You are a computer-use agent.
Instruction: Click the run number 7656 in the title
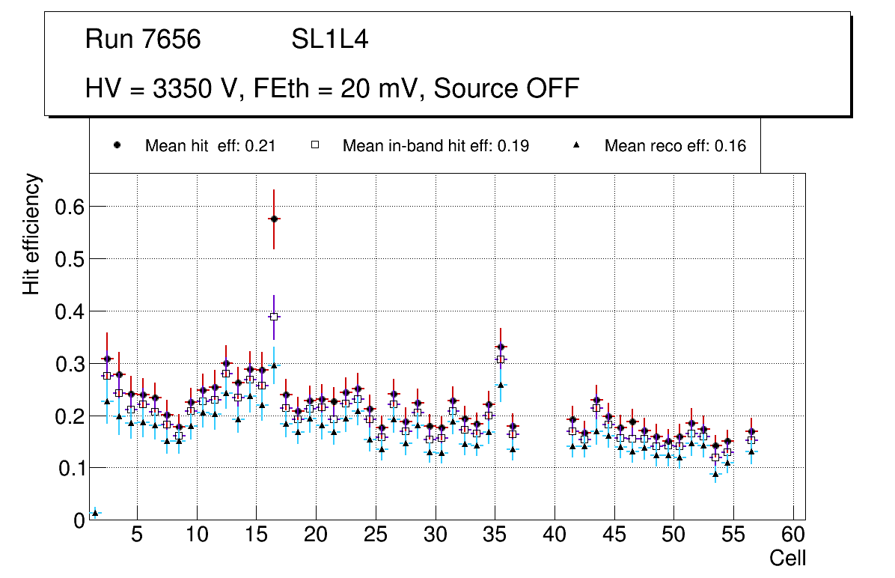click(172, 40)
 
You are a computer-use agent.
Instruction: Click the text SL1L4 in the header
click(329, 40)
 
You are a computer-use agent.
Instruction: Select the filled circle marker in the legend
click(117, 146)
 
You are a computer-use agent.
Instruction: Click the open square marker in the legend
click(315, 146)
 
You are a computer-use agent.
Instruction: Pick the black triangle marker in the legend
click(577, 146)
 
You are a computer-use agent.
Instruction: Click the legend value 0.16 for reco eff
click(730, 146)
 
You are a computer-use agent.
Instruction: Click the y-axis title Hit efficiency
click(31, 234)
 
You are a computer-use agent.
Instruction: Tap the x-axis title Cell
click(787, 559)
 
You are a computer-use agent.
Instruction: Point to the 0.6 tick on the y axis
click(70, 207)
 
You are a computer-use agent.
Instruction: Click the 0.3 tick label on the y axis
click(70, 364)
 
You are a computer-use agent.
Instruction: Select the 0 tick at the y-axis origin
click(79, 520)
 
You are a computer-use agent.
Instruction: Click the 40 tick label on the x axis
click(555, 536)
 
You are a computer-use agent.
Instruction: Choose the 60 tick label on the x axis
click(793, 536)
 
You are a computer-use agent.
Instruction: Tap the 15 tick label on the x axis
click(256, 536)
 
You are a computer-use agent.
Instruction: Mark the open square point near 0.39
click(274, 317)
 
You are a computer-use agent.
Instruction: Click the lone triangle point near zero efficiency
click(94, 513)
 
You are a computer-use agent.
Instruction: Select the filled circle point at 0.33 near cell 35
click(501, 347)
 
